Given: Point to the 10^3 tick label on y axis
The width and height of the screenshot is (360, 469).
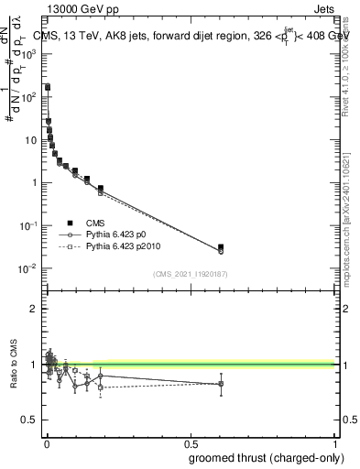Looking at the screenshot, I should click(x=28, y=54).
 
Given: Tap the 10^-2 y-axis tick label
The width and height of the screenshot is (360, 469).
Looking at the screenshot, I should click(x=28, y=268).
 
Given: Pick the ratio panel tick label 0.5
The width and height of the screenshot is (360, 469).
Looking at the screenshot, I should click(x=28, y=420).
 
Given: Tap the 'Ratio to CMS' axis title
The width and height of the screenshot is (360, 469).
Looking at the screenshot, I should click(x=13, y=365).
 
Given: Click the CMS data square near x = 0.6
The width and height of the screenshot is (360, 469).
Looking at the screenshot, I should click(x=221, y=247).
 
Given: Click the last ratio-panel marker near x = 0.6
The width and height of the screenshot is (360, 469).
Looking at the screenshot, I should click(x=221, y=384).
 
